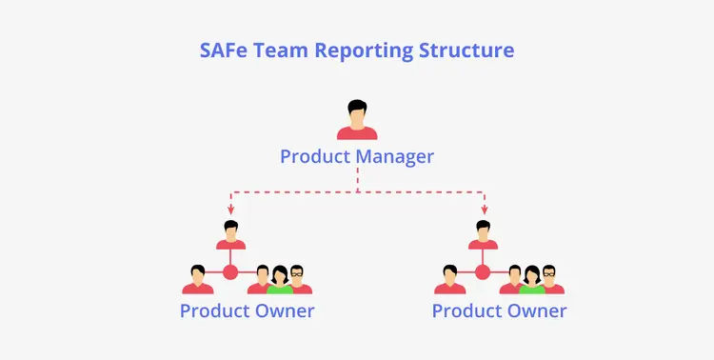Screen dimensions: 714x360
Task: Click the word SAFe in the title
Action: (224, 50)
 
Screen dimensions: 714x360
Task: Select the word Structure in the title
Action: (466, 50)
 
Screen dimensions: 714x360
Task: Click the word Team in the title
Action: (281, 50)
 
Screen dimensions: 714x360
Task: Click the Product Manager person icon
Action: (357, 119)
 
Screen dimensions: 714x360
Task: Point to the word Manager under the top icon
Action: (395, 157)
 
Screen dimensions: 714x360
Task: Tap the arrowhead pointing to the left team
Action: (231, 210)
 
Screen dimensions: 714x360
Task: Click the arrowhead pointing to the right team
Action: (484, 210)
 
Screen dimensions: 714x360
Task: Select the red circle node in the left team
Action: (230, 272)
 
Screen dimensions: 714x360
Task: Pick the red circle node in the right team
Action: (483, 272)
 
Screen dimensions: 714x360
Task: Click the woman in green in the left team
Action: (280, 280)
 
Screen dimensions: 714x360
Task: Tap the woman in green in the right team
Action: (532, 280)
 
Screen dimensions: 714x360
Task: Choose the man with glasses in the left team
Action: (299, 279)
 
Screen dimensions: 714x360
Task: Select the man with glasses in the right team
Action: (551, 279)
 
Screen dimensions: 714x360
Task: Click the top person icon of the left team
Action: (231, 234)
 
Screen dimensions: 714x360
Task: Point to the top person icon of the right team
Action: (483, 234)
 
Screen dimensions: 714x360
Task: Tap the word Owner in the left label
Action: (285, 311)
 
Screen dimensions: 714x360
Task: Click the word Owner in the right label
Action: (537, 311)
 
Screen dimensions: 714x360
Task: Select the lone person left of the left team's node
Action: (198, 279)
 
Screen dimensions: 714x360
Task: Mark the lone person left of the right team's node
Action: (450, 279)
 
